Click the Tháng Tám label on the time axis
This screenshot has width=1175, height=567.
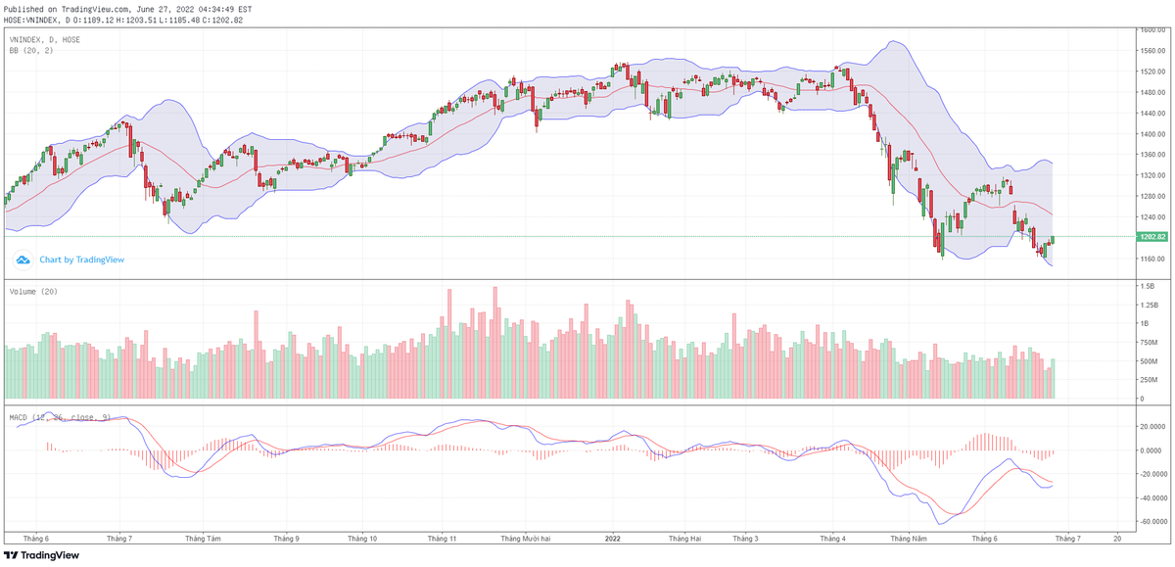(202, 538)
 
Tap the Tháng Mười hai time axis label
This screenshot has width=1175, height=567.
(528, 538)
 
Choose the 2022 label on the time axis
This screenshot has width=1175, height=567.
(613, 538)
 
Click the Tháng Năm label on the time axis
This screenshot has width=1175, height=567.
(908, 538)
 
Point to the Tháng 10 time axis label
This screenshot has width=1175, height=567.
(361, 538)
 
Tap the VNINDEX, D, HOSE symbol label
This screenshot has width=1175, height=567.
(45, 39)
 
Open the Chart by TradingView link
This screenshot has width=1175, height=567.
(81, 260)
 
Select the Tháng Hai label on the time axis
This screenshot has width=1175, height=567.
(684, 538)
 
